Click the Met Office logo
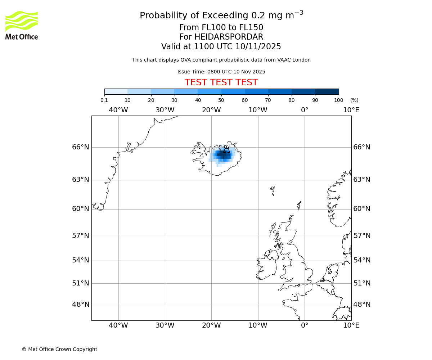[x=22, y=25]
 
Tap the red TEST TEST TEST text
[x=221, y=83]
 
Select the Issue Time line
[x=221, y=72]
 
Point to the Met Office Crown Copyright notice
[x=59, y=349]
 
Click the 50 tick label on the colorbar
[x=221, y=100]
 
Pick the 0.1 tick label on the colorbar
[x=104, y=100]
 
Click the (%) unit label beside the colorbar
[x=354, y=100]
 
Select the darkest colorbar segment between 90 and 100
[x=327, y=91]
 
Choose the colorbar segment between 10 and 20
[x=139, y=91]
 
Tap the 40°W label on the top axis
[x=118, y=110]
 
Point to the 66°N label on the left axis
[x=81, y=147]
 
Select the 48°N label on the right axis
[x=362, y=305]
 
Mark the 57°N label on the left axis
[x=81, y=236]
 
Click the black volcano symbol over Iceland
[x=226, y=149]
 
